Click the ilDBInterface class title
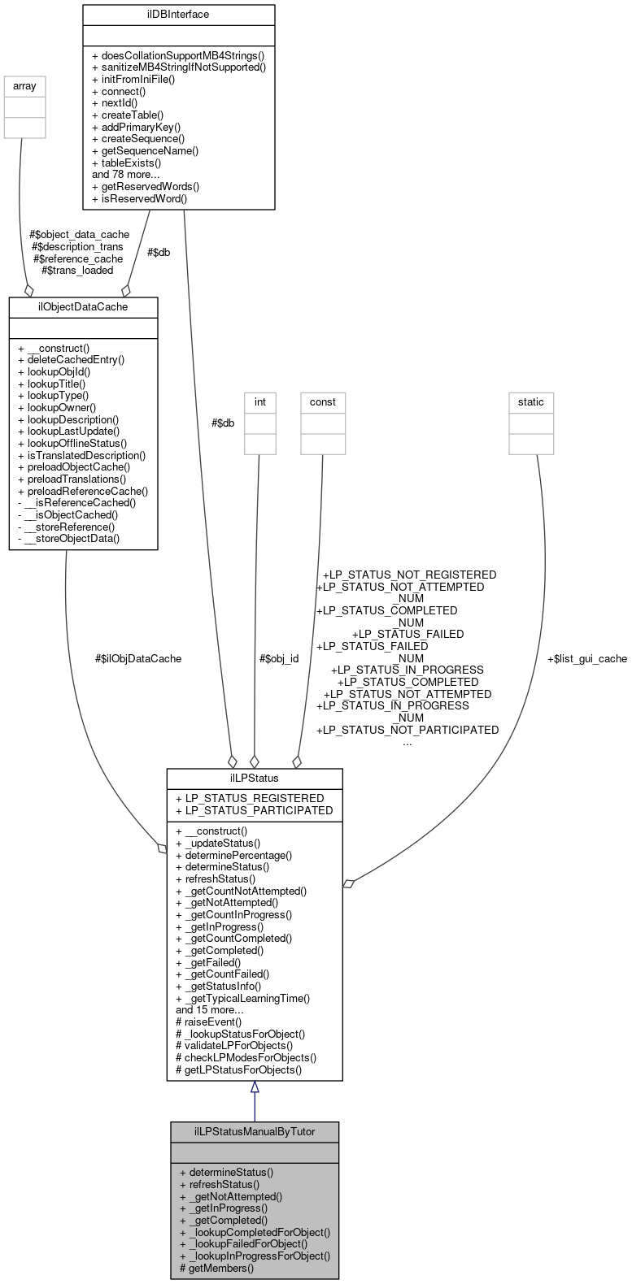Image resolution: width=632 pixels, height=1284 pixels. point(178,14)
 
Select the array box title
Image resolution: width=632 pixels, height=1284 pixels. point(24,85)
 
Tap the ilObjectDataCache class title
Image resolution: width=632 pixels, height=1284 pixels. point(83,306)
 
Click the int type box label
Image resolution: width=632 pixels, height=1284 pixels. point(259,401)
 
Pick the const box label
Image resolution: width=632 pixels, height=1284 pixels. point(322,401)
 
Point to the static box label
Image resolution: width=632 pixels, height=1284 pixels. point(531,401)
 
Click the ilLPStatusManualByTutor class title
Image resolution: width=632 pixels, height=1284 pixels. point(254,1131)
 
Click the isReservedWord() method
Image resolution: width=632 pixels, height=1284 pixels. point(139,197)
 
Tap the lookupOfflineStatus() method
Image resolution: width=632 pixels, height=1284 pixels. point(72,443)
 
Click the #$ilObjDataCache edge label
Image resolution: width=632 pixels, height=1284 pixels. point(138,658)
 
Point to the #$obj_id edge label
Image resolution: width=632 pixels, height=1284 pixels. point(278,658)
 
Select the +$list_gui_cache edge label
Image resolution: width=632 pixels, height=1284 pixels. point(586,658)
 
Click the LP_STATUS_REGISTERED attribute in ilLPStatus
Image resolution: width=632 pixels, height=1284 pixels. point(249,798)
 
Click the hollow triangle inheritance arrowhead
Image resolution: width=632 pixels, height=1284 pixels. point(255,1087)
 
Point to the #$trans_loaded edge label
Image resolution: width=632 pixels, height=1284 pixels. point(77,270)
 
